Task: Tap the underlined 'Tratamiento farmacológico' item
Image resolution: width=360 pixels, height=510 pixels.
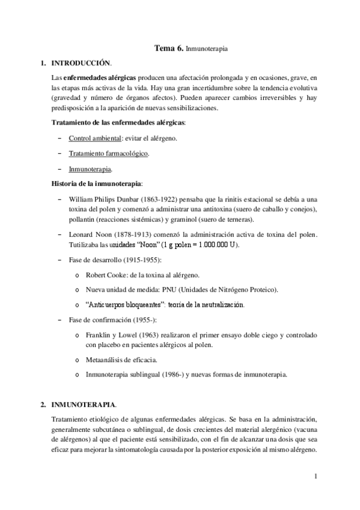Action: [108, 153]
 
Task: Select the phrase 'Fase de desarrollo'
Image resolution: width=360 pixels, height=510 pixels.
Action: [96, 259]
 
